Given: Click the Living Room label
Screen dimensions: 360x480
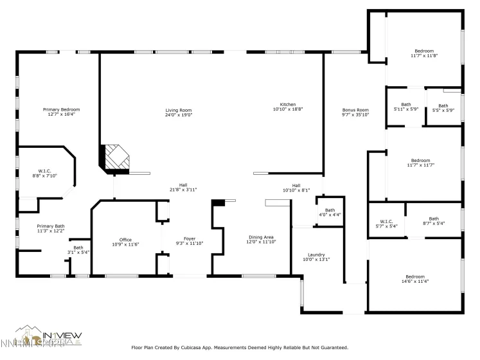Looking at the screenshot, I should [x=179, y=111].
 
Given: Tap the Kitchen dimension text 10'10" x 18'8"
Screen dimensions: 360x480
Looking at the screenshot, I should [x=287, y=109].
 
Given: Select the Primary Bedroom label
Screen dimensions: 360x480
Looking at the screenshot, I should [x=61, y=110].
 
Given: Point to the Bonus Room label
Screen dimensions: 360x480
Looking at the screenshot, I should [x=355, y=110].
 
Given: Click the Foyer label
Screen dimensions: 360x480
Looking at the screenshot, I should [x=190, y=239].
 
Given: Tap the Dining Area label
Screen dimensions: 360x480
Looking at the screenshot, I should [x=262, y=237].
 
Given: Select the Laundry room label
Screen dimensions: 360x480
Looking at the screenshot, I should [x=316, y=254].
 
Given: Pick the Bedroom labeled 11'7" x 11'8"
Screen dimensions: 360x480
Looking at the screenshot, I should [x=423, y=51].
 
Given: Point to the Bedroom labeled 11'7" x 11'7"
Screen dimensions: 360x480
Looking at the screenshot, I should [x=420, y=160].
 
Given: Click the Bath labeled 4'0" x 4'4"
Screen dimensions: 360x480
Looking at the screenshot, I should [x=330, y=210].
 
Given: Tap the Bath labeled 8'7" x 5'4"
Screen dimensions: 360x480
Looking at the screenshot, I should [x=434, y=219].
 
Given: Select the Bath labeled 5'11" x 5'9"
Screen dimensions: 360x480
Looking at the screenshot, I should [x=406, y=104].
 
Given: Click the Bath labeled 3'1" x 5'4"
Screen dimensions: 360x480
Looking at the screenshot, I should [x=78, y=248].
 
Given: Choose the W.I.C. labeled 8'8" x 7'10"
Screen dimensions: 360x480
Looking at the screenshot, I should [x=45, y=171].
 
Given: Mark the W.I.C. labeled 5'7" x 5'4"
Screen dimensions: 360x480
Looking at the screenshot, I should [x=386, y=222].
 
